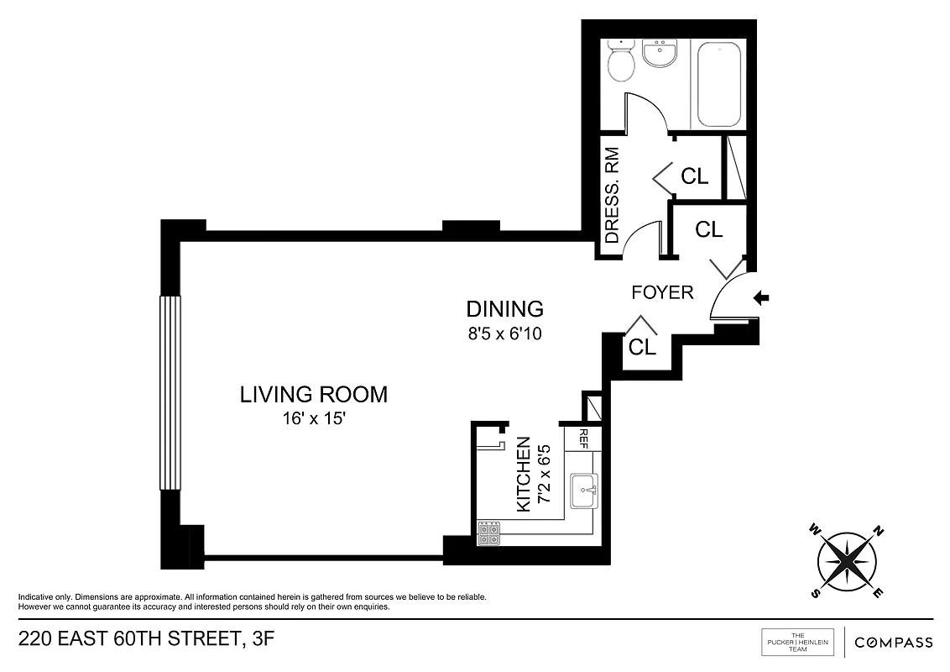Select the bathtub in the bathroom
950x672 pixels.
(x=718, y=82)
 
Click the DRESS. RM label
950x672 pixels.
(x=612, y=196)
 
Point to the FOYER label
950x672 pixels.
(x=662, y=292)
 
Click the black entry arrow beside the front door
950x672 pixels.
(x=762, y=297)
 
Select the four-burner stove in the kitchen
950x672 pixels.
(x=488, y=534)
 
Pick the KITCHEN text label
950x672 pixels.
(x=523, y=475)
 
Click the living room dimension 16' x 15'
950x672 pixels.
(x=314, y=417)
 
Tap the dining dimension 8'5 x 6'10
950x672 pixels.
(x=504, y=333)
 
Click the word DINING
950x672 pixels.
(x=504, y=308)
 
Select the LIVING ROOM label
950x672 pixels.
(x=314, y=393)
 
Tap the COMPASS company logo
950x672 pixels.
(x=893, y=643)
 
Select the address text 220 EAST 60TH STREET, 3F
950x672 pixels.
(x=146, y=641)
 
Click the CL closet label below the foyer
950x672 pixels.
(x=642, y=347)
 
